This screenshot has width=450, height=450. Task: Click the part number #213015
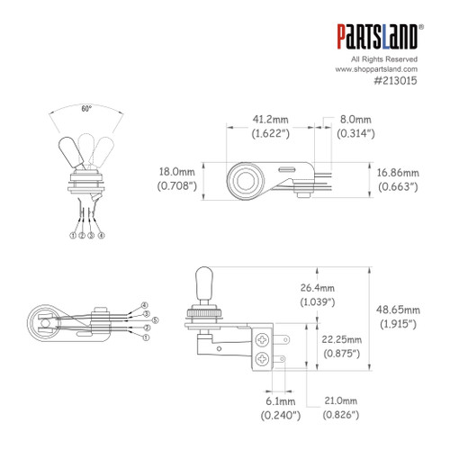click(396, 80)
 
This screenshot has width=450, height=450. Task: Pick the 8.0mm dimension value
click(352, 118)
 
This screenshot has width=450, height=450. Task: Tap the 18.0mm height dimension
click(175, 170)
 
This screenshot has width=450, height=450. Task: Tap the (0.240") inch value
click(275, 416)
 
